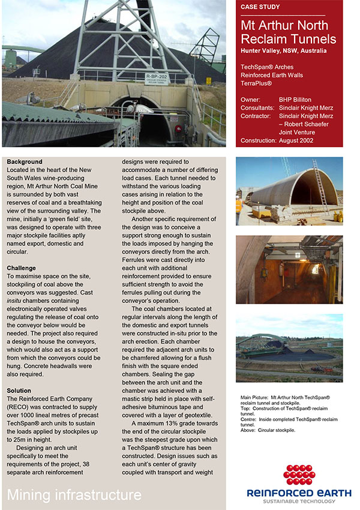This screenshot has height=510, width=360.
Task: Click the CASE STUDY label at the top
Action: [x=260, y=7]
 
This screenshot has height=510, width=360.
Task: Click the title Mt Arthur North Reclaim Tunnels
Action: [x=288, y=32]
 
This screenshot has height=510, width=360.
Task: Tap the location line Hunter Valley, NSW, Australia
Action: [x=284, y=51]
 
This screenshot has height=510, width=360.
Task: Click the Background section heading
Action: [x=25, y=162]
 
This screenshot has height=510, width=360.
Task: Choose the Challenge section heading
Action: [x=22, y=268]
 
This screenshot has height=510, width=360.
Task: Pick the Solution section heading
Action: [x=19, y=391]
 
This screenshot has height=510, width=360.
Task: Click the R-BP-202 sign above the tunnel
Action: [x=157, y=77]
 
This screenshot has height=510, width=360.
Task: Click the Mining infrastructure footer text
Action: [x=74, y=495]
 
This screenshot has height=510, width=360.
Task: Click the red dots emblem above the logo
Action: [x=299, y=475]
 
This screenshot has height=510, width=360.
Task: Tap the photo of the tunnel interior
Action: [x=289, y=269]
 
